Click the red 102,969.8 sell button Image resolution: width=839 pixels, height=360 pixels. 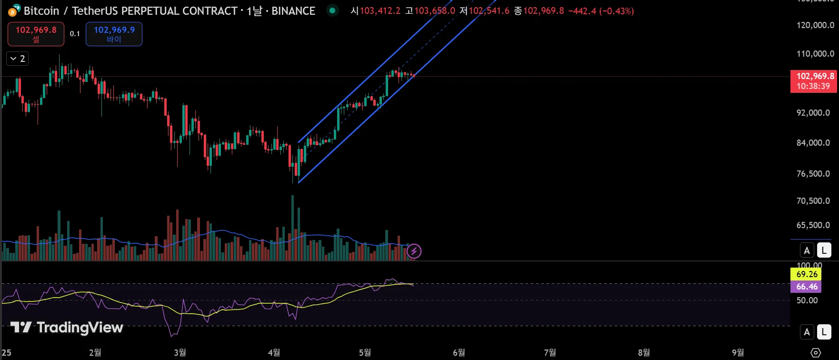36,34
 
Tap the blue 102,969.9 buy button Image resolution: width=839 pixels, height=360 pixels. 114,34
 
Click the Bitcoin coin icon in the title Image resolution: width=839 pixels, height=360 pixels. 14,10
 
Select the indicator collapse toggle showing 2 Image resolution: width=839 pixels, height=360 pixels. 18,59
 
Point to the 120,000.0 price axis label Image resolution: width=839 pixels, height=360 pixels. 815,25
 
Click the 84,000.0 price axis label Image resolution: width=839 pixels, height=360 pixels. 813,142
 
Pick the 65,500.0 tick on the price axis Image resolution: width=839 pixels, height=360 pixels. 813,225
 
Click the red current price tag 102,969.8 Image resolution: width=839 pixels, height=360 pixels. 813,81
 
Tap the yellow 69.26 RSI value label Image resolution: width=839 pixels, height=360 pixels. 806,274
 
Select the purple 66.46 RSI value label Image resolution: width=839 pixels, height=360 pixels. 806,287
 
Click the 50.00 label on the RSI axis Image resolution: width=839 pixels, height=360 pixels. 807,300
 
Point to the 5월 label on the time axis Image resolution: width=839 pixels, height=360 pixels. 365,353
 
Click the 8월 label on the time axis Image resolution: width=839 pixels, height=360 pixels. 643,353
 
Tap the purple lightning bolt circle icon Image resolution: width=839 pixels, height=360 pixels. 414,251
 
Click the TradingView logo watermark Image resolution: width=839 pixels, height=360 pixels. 67,327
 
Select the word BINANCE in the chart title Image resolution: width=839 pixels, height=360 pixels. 293,11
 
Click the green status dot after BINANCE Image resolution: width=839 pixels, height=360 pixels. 332,10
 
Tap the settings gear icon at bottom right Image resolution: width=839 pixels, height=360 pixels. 816,353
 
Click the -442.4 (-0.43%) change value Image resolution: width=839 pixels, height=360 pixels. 601,11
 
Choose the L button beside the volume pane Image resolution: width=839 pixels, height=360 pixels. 824,250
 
